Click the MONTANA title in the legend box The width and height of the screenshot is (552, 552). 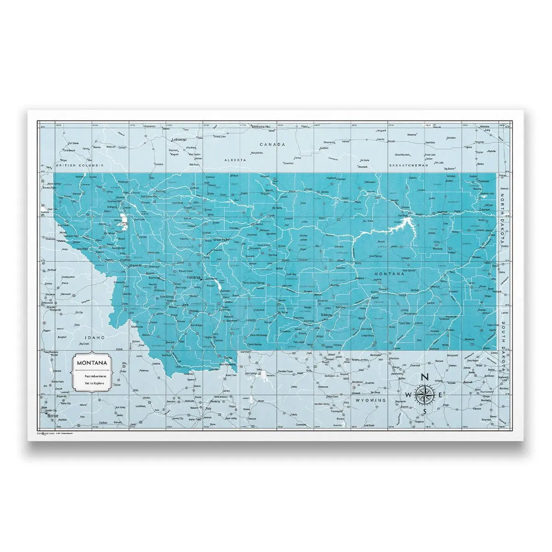click(92, 362)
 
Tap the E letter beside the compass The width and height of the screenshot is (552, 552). click(440, 395)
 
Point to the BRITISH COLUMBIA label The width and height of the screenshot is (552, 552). click(80, 165)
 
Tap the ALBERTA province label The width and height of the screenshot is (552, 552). click(235, 160)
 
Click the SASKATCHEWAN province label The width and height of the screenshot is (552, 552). click(408, 165)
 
